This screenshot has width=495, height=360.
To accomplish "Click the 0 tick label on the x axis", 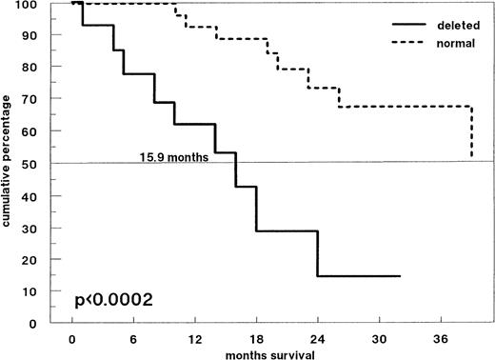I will pos(72,336).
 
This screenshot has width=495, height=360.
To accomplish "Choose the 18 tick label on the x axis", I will pos(255,336).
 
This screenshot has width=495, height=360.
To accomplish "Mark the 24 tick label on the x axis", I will pos(317,336).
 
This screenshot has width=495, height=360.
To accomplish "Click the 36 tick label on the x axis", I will pos(440,336).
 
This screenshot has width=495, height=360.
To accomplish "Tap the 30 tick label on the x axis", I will pos(379,336).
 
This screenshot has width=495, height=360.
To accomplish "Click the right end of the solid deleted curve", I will pos(399,276).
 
